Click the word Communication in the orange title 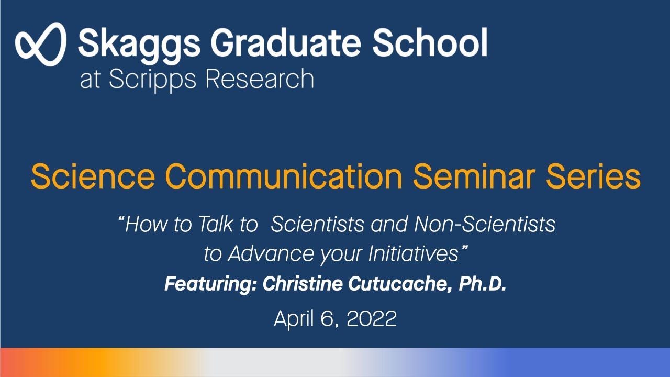(x=283, y=177)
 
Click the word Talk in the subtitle (x=216, y=225)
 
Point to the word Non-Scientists (x=484, y=225)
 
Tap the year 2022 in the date (x=372, y=318)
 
